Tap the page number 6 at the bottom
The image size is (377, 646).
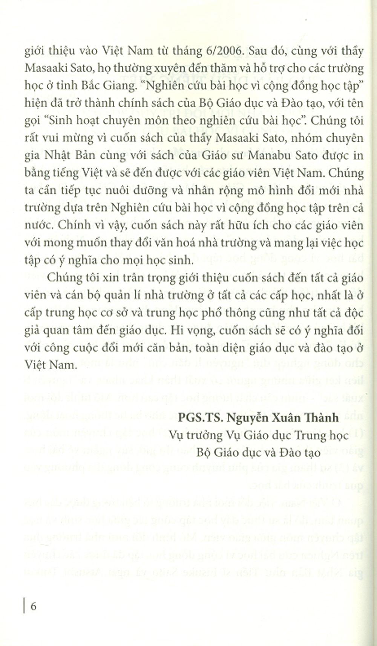tap(33, 606)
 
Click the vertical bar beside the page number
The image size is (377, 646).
tap(25, 606)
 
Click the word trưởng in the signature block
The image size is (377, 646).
tap(203, 435)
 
